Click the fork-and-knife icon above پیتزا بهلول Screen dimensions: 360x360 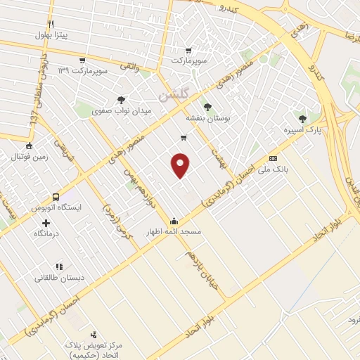coord(51,24)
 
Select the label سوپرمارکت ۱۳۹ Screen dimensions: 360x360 coord(82,72)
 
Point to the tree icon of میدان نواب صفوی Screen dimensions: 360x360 coord(122,100)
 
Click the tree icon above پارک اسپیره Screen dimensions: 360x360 coord(303,119)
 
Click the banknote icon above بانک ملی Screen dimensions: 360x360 coord(273,158)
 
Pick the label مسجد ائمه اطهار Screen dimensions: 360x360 coord(174,231)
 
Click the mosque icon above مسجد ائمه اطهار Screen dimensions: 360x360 coord(174,221)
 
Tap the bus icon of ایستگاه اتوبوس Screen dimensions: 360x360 coord(56,198)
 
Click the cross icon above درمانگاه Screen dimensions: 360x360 coord(46,222)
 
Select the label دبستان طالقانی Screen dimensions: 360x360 coord(61,278)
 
